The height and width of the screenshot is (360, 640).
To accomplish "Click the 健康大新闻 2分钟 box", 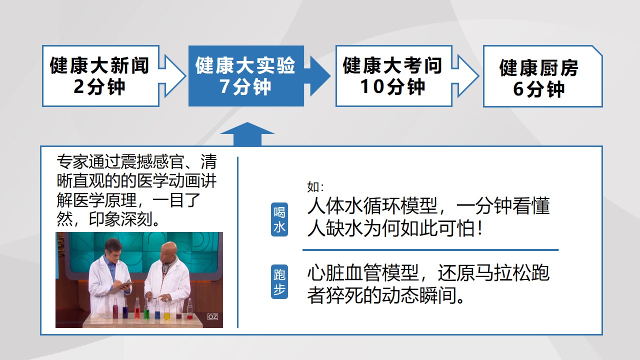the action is (x=100, y=76).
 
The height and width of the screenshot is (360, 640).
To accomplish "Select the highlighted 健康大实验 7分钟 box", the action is (x=246, y=76).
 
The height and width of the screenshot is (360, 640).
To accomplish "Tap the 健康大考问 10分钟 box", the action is (x=393, y=76).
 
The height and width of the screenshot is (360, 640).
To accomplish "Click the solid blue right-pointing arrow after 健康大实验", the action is (x=317, y=76).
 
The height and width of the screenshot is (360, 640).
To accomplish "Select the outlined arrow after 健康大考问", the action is (x=465, y=76).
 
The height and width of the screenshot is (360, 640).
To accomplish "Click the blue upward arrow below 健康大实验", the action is (x=247, y=134).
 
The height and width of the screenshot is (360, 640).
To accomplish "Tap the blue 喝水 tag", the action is (x=279, y=219).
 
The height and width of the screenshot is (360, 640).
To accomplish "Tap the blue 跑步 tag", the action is (x=279, y=281).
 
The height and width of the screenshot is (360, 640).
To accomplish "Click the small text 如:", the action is (x=315, y=187).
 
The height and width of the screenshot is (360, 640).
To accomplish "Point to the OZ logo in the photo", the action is (x=212, y=316).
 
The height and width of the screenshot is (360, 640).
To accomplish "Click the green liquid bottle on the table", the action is (x=146, y=309).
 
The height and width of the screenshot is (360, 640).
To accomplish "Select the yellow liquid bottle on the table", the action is (x=167, y=309).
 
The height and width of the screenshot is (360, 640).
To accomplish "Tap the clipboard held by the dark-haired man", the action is (x=121, y=287).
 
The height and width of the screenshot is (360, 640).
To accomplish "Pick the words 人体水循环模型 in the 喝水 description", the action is (x=372, y=205).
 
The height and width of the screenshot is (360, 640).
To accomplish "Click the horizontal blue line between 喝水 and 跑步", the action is (x=430, y=250).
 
